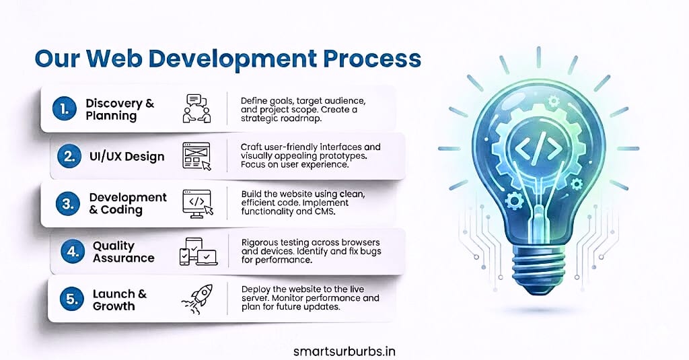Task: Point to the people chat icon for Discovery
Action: click(x=196, y=109)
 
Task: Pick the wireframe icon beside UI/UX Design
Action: click(x=197, y=156)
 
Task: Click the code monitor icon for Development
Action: click(x=197, y=203)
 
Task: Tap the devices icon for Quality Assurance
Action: click(x=197, y=251)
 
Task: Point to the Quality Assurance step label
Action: click(x=123, y=252)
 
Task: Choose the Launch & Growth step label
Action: click(x=119, y=300)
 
